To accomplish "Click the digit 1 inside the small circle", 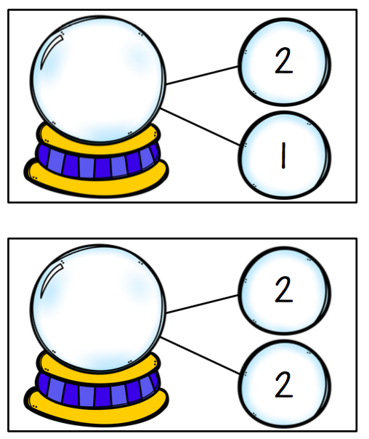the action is pyautogui.click(x=283, y=156).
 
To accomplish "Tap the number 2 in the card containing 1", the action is pyautogui.click(x=284, y=61).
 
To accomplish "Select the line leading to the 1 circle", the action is pyautogui.click(x=200, y=126).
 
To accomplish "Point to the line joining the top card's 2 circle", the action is pyautogui.click(x=202, y=75).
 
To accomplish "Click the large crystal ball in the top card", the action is pyautogui.click(x=98, y=79).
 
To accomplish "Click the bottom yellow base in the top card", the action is pyautogui.click(x=97, y=183).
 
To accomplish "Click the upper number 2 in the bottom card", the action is pyautogui.click(x=284, y=289).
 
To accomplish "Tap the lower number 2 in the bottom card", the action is pyautogui.click(x=284, y=384).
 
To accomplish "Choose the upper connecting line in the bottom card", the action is pyautogui.click(x=202, y=304).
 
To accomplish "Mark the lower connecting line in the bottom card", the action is pyautogui.click(x=200, y=355).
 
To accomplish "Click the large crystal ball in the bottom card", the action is pyautogui.click(x=98, y=308).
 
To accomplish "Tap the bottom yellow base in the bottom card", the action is pyautogui.click(x=97, y=412).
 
